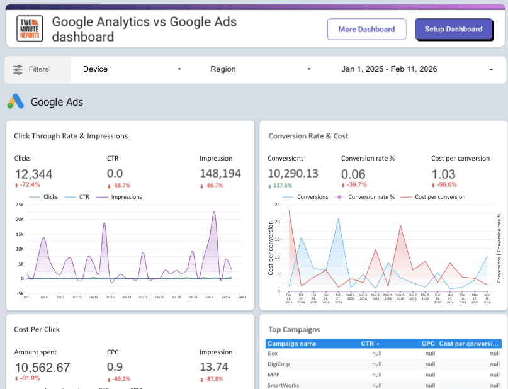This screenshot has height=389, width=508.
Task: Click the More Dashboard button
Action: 366,29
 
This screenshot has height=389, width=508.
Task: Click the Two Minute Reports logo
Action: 30,28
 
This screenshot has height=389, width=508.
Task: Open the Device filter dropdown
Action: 132,69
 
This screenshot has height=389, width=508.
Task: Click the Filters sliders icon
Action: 18,69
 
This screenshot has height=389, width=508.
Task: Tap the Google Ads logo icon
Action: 16,101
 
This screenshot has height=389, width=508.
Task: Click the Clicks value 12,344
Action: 33,174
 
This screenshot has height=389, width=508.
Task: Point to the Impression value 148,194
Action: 220,174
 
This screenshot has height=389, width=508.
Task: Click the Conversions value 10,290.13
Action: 293,174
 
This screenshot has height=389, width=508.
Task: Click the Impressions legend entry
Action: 123,197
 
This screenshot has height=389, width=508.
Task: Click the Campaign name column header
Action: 291,344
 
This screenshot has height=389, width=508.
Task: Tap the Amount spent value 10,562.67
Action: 42,368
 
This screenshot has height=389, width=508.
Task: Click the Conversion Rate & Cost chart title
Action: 308,136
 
